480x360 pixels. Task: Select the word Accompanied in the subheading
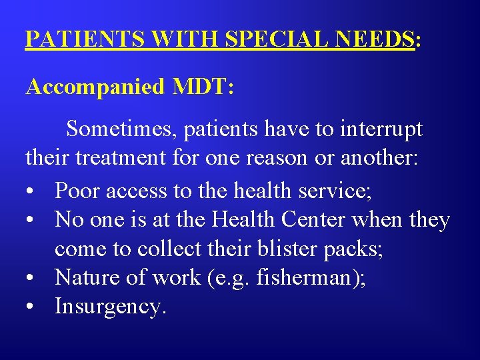pyautogui.click(x=95, y=87)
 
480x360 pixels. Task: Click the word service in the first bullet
pyautogui.click(x=337, y=191)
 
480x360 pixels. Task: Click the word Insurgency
pyautogui.click(x=110, y=306)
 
